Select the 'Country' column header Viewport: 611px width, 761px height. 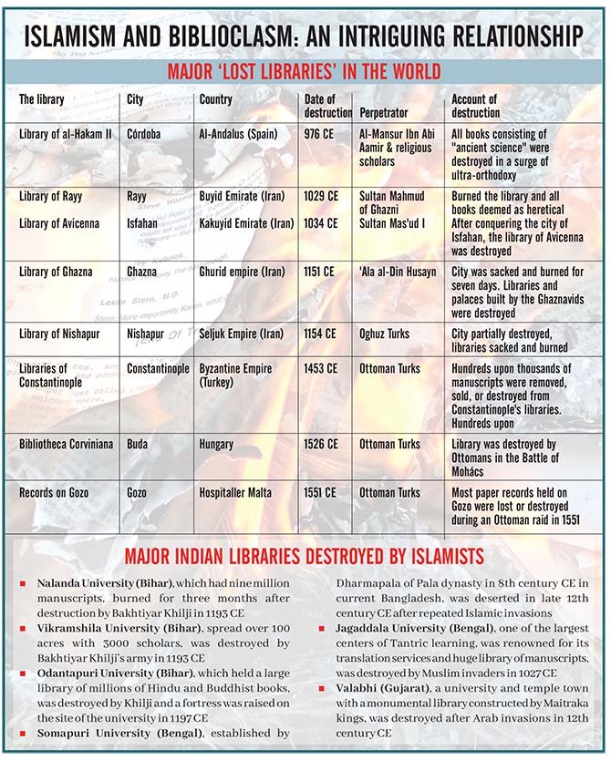(x=216, y=99)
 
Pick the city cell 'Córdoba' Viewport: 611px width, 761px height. (x=144, y=134)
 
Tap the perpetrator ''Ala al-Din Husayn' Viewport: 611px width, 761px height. (x=398, y=272)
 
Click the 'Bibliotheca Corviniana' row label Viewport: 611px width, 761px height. (x=67, y=444)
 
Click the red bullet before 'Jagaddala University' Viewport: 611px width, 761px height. (x=325, y=629)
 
